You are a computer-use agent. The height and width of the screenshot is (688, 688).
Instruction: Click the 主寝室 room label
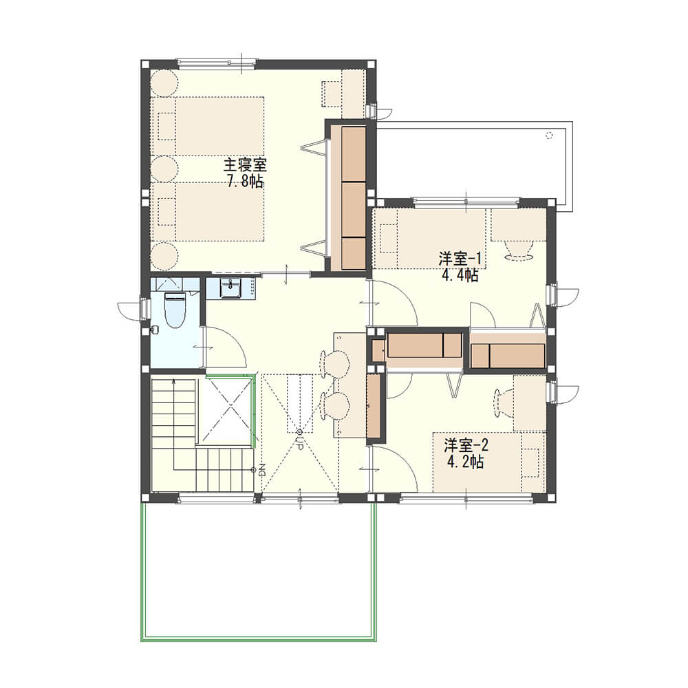pos(245,165)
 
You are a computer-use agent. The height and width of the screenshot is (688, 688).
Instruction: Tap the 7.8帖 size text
pos(245,181)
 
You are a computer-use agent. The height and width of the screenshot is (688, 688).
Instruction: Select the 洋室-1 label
pos(460,259)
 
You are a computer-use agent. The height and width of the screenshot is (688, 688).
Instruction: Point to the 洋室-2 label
pos(466,446)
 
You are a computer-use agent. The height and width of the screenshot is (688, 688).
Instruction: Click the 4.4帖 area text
pos(460,275)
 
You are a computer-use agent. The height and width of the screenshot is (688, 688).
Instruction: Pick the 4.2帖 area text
pos(466,462)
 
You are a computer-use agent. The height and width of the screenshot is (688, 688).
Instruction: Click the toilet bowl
pos(175,310)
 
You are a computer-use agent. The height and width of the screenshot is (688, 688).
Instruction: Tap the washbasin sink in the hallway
pos(230,288)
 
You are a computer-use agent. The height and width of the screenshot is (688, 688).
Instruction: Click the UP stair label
pos(300,440)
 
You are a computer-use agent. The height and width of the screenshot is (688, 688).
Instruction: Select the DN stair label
pos(262,471)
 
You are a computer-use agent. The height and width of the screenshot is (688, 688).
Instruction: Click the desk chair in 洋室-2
pos(504,403)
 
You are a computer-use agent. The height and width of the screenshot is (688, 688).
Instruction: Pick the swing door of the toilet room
pos(225,347)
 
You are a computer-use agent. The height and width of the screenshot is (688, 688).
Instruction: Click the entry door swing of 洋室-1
pos(393,303)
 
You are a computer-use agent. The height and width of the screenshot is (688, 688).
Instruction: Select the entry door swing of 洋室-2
pos(393,468)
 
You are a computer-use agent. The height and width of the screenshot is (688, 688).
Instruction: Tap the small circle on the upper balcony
pos(548,135)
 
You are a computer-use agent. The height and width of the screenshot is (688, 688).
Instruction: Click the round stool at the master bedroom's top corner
pos(164,83)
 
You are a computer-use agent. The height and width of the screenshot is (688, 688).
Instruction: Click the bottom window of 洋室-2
pos(466,498)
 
